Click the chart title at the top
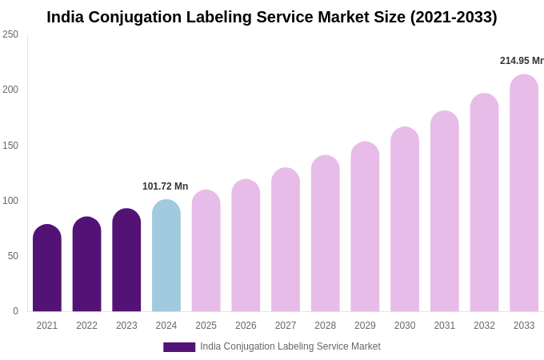(x=272, y=17)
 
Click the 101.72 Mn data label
(x=165, y=186)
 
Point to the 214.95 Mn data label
(x=521, y=61)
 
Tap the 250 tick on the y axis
(x=10, y=34)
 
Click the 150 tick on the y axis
(x=10, y=146)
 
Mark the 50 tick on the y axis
(x=13, y=256)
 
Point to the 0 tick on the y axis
(x=15, y=311)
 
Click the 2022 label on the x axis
(x=86, y=326)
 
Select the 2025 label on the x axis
(x=206, y=326)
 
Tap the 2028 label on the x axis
(x=326, y=326)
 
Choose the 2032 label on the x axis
(x=484, y=326)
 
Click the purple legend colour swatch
(x=179, y=347)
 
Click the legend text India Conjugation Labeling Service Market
(x=290, y=346)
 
